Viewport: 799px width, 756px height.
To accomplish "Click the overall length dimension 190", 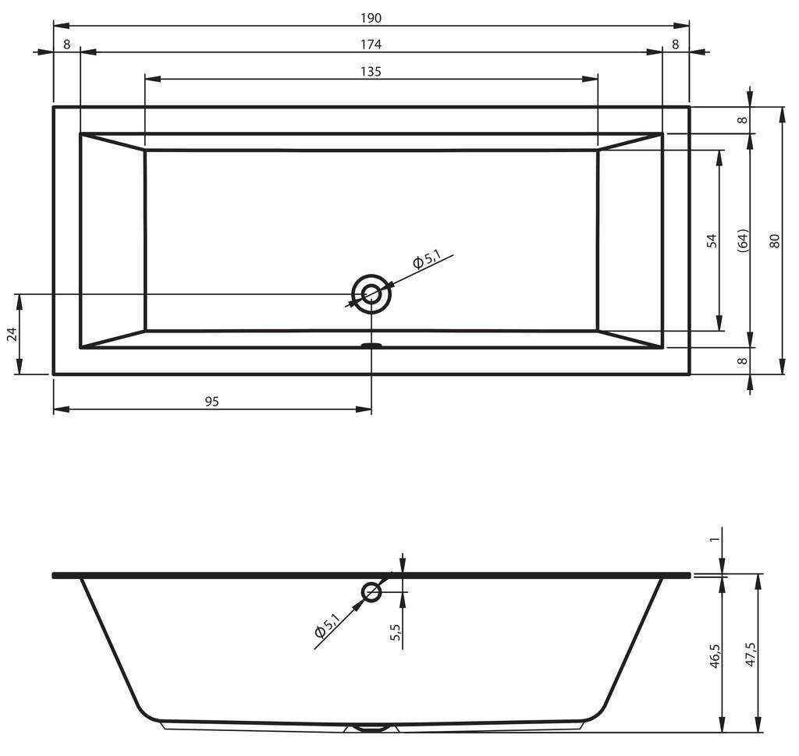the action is click(x=371, y=19).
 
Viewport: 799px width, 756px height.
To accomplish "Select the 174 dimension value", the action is click(x=371, y=44).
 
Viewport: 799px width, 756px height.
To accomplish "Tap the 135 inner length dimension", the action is click(x=371, y=72).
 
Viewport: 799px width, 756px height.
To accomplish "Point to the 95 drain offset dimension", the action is click(x=212, y=402).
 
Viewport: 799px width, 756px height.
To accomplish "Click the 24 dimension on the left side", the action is click(x=12, y=334).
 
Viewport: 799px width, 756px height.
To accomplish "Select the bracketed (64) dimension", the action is click(x=743, y=240).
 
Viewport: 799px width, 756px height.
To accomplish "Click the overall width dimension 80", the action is click(x=775, y=240).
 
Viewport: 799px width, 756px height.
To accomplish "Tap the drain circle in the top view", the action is click(x=371, y=294).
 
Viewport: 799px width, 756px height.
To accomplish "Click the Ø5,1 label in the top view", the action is click(x=426, y=259).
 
